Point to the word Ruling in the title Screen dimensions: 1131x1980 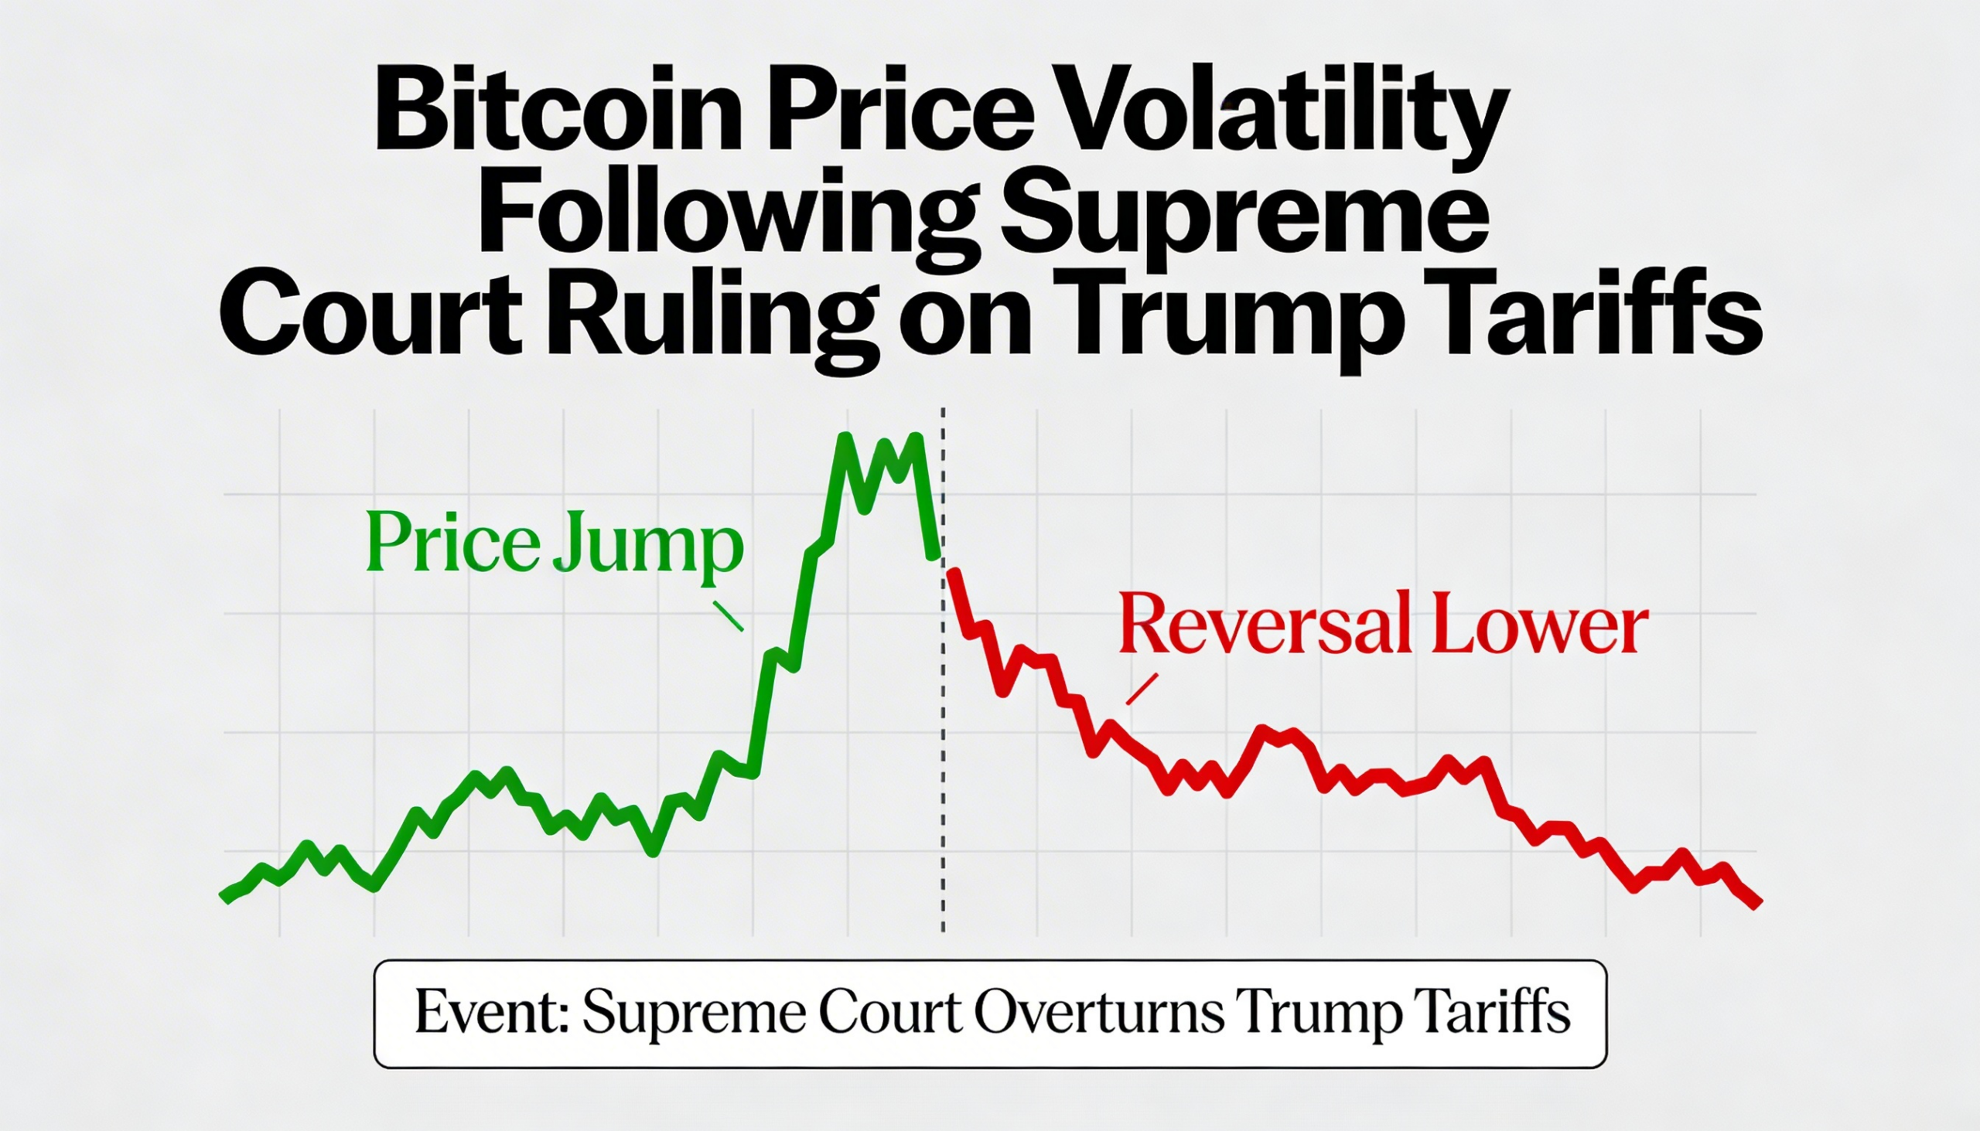[x=712, y=319]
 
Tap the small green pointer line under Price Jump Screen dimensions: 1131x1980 [x=728, y=616]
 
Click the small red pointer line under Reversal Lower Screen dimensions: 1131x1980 [x=1142, y=689]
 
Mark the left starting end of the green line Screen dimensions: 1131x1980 [x=225, y=898]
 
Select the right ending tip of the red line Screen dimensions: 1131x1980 [x=1758, y=903]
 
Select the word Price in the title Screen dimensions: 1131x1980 [x=901, y=117]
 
